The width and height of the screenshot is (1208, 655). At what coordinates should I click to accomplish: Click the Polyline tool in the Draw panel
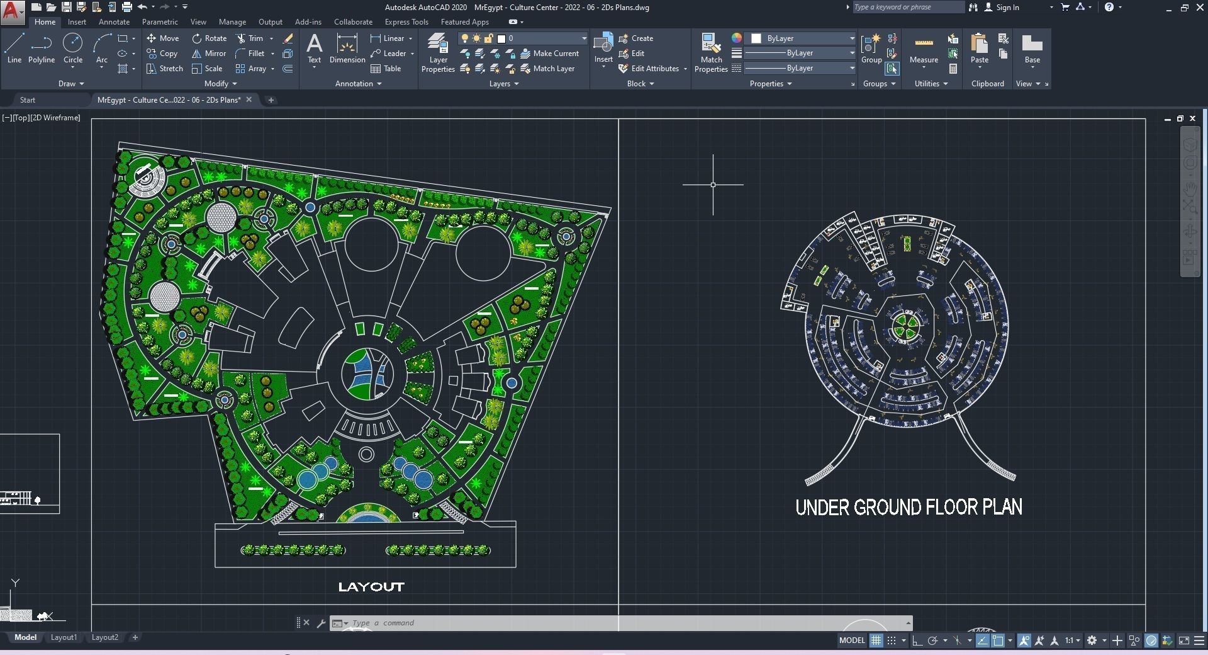point(41,48)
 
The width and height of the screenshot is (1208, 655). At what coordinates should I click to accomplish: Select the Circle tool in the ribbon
point(73,48)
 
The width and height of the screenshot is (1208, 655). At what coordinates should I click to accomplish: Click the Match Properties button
point(711,53)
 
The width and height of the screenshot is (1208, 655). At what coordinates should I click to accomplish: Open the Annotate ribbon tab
point(114,22)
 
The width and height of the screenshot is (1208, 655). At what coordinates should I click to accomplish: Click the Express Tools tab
point(406,22)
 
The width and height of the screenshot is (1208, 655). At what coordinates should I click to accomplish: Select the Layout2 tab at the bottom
point(104,637)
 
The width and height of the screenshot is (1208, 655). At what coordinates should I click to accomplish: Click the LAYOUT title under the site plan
point(371,587)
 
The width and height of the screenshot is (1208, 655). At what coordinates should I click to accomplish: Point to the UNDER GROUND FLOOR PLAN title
point(909,508)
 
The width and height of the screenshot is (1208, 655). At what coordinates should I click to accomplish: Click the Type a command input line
point(566,623)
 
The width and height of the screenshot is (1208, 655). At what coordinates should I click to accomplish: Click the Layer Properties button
point(438,53)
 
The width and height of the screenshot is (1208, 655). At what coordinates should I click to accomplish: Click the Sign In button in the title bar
point(1002,8)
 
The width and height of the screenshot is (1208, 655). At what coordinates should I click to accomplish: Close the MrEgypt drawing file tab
point(249,100)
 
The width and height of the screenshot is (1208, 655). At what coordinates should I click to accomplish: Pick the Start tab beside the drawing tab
point(28,100)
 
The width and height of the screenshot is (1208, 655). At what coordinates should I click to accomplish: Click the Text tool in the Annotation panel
point(314,48)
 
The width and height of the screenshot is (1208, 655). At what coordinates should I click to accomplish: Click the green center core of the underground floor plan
point(907,326)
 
